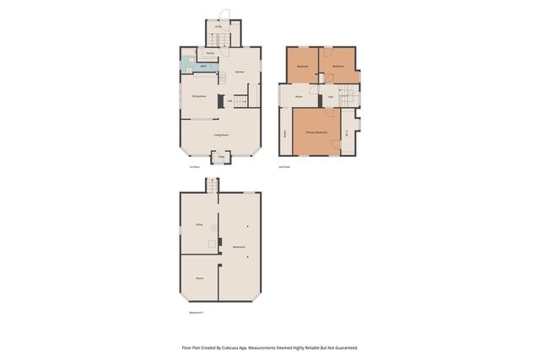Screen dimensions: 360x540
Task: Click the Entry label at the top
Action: pyautogui.click(x=219, y=27)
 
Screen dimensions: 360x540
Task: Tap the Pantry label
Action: pyautogui.click(x=210, y=53)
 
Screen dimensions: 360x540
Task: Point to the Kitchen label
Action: pyautogui.click(x=240, y=73)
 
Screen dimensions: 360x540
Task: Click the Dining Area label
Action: pyautogui.click(x=199, y=98)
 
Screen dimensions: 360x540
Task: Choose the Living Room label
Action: pyautogui.click(x=220, y=135)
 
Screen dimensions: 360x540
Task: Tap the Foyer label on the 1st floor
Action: pyautogui.click(x=221, y=157)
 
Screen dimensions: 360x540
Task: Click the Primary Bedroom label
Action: pyautogui.click(x=316, y=132)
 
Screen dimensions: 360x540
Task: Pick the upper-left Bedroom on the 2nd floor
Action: pyautogui.click(x=302, y=66)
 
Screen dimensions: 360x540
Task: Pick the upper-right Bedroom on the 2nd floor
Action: pyautogui.click(x=337, y=66)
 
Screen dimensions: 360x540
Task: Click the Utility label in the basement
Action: pyautogui.click(x=199, y=225)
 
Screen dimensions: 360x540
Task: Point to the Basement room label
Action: pyautogui.click(x=239, y=247)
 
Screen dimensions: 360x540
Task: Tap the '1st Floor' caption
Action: pyautogui.click(x=194, y=167)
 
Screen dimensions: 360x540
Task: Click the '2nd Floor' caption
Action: pyautogui.click(x=284, y=167)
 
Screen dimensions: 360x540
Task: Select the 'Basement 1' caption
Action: pyautogui.click(x=197, y=312)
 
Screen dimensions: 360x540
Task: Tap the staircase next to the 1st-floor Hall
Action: pyautogui.click(x=241, y=102)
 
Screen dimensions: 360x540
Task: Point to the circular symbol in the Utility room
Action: pyautogui.click(x=214, y=228)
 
